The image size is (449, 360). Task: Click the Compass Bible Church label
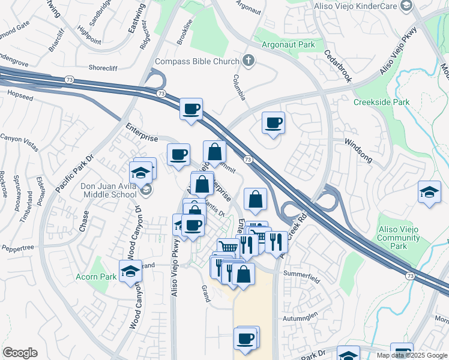point(197,61)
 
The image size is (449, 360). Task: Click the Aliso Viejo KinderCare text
point(355,6)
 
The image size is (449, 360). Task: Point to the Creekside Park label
point(381,102)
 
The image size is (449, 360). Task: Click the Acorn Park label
point(95,277)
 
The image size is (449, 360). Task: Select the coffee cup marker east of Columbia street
point(273,123)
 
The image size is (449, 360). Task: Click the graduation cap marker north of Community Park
point(429,192)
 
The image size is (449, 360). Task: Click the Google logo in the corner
point(20,353)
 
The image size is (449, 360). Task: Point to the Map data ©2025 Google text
point(412,355)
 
